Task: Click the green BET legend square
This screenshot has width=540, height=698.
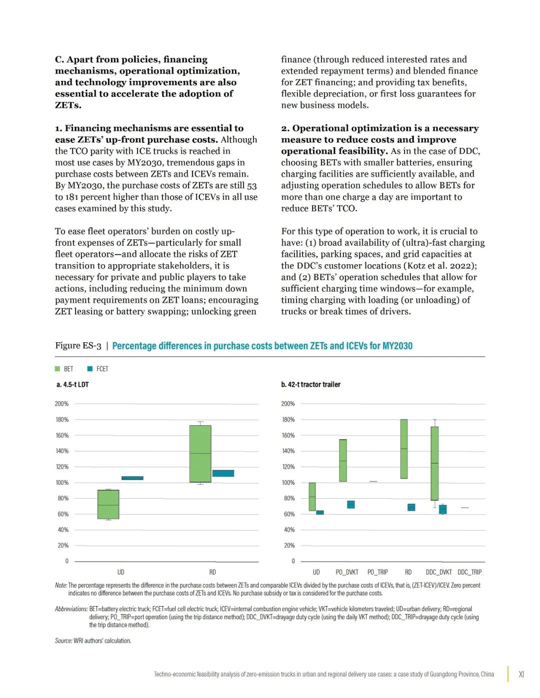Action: [x=57, y=369]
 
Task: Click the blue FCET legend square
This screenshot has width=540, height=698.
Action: [x=90, y=369]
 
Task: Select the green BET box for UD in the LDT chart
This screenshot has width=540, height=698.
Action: [x=108, y=504]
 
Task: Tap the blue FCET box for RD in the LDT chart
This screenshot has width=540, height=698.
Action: [x=223, y=473]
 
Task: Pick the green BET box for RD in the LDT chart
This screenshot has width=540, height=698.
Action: [x=200, y=454]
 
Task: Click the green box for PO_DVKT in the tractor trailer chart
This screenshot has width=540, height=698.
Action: [x=342, y=460]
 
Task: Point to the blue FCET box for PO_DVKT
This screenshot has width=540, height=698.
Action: [x=351, y=505]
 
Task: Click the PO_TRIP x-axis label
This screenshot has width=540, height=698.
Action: [x=377, y=572]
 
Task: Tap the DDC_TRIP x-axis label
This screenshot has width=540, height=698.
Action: [x=469, y=572]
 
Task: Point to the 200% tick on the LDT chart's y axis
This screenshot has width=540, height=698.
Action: [x=62, y=404]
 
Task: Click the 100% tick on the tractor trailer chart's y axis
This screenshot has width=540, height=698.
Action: [x=288, y=483]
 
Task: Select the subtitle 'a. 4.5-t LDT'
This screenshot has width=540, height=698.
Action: [x=72, y=384]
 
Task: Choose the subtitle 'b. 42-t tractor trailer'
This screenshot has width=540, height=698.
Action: [x=310, y=384]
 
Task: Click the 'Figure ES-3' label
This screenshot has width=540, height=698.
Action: [x=78, y=346]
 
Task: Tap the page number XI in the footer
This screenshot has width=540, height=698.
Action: [x=521, y=674]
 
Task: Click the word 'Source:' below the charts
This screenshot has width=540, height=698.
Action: [x=63, y=641]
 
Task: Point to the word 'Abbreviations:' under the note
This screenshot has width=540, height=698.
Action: [x=71, y=609]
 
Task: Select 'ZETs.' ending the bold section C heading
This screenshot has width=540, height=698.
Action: [x=68, y=105]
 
